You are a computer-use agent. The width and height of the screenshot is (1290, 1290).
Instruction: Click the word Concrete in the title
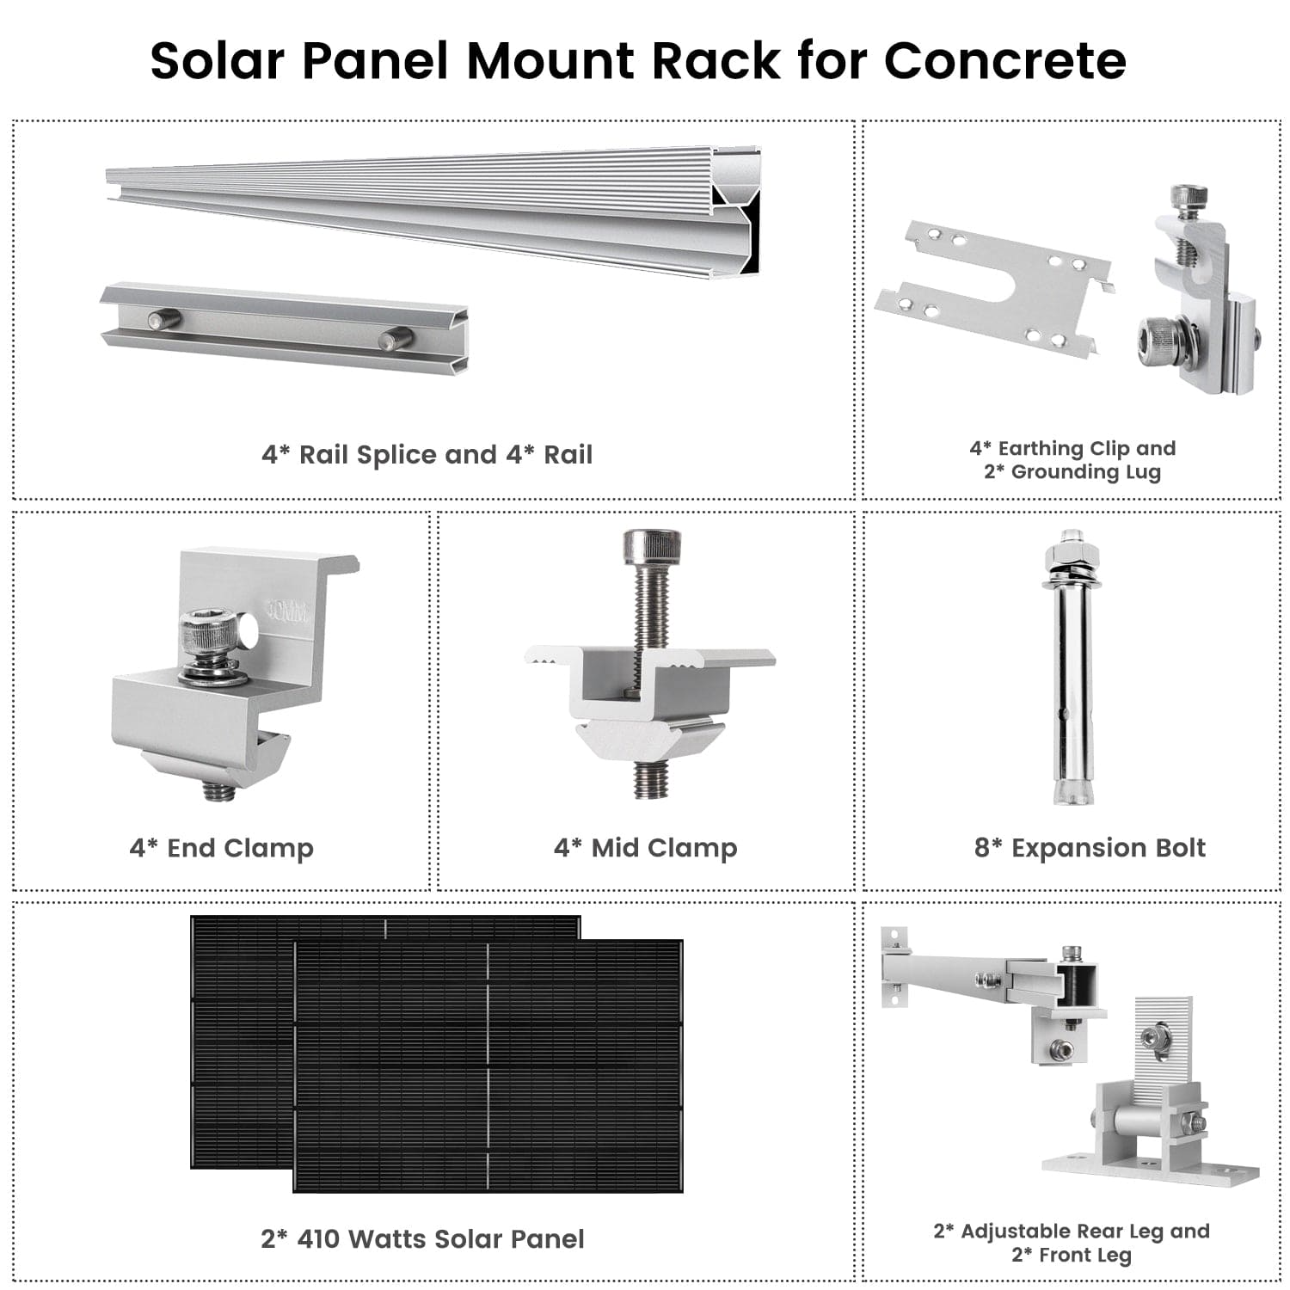[1004, 60]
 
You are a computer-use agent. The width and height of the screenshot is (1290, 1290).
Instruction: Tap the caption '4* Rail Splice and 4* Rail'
[427, 454]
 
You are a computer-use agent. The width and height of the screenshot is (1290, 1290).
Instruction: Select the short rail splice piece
[284, 327]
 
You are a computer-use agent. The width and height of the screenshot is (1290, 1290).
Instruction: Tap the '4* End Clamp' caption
[221, 848]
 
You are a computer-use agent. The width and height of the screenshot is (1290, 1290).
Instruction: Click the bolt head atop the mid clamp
[651, 545]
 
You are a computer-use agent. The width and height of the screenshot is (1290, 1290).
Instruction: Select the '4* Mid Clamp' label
[645, 848]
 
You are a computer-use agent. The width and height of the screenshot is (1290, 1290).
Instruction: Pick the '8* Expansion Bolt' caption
[1090, 848]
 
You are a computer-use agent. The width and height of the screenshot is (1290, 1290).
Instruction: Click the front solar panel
[488, 1066]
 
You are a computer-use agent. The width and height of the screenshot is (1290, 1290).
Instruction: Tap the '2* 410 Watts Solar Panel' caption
[422, 1239]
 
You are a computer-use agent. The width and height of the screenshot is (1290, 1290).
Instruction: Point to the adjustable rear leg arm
[955, 976]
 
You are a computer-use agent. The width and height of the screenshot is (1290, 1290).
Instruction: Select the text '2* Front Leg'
[1071, 1255]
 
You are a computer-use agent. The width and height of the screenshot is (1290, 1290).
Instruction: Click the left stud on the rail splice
[163, 320]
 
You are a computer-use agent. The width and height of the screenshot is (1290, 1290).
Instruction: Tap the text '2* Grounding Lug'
[1072, 472]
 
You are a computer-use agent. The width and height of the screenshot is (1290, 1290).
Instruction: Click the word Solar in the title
[217, 60]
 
